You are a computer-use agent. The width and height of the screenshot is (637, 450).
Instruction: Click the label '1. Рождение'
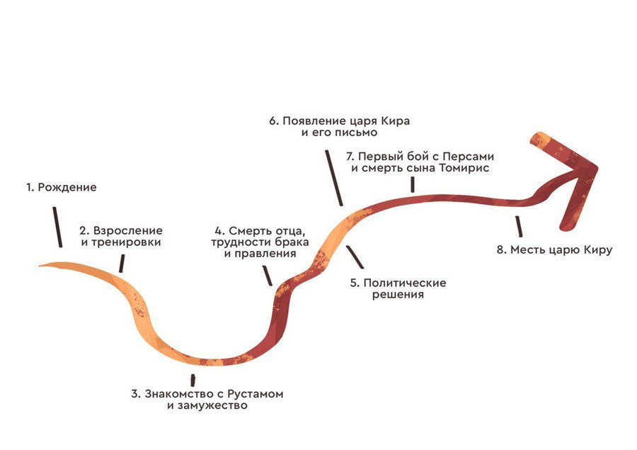(61, 188)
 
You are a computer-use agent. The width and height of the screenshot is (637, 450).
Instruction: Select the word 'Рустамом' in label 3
(252, 394)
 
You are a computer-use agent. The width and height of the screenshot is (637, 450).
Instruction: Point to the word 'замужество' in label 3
(217, 406)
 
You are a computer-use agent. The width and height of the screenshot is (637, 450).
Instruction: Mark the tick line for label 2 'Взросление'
(122, 264)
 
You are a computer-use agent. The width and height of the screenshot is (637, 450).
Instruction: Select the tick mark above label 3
(193, 381)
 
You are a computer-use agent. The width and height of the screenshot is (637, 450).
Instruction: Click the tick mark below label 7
(412, 185)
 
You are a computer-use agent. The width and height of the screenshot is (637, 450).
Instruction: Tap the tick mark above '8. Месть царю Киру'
(520, 226)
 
